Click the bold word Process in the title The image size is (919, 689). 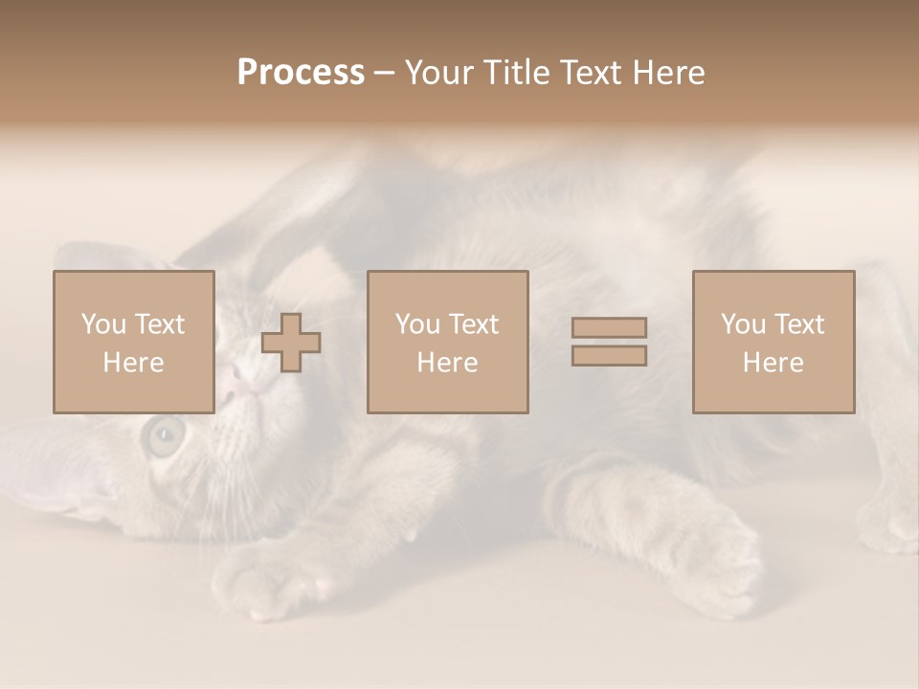(x=301, y=73)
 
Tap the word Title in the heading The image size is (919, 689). (x=518, y=73)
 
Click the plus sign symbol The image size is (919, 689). (x=291, y=343)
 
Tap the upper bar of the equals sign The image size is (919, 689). (x=609, y=327)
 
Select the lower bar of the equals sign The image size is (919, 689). (x=609, y=356)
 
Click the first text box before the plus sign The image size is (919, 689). (x=133, y=342)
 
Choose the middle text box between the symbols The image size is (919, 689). (x=447, y=342)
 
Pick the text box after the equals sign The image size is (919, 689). (x=773, y=342)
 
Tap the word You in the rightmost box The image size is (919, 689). (x=743, y=324)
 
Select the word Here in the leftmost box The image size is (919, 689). (x=133, y=363)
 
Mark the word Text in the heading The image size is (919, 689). (x=588, y=73)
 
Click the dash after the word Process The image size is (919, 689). (x=384, y=73)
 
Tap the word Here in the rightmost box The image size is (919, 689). (x=773, y=363)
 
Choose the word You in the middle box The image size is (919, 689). (x=417, y=324)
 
